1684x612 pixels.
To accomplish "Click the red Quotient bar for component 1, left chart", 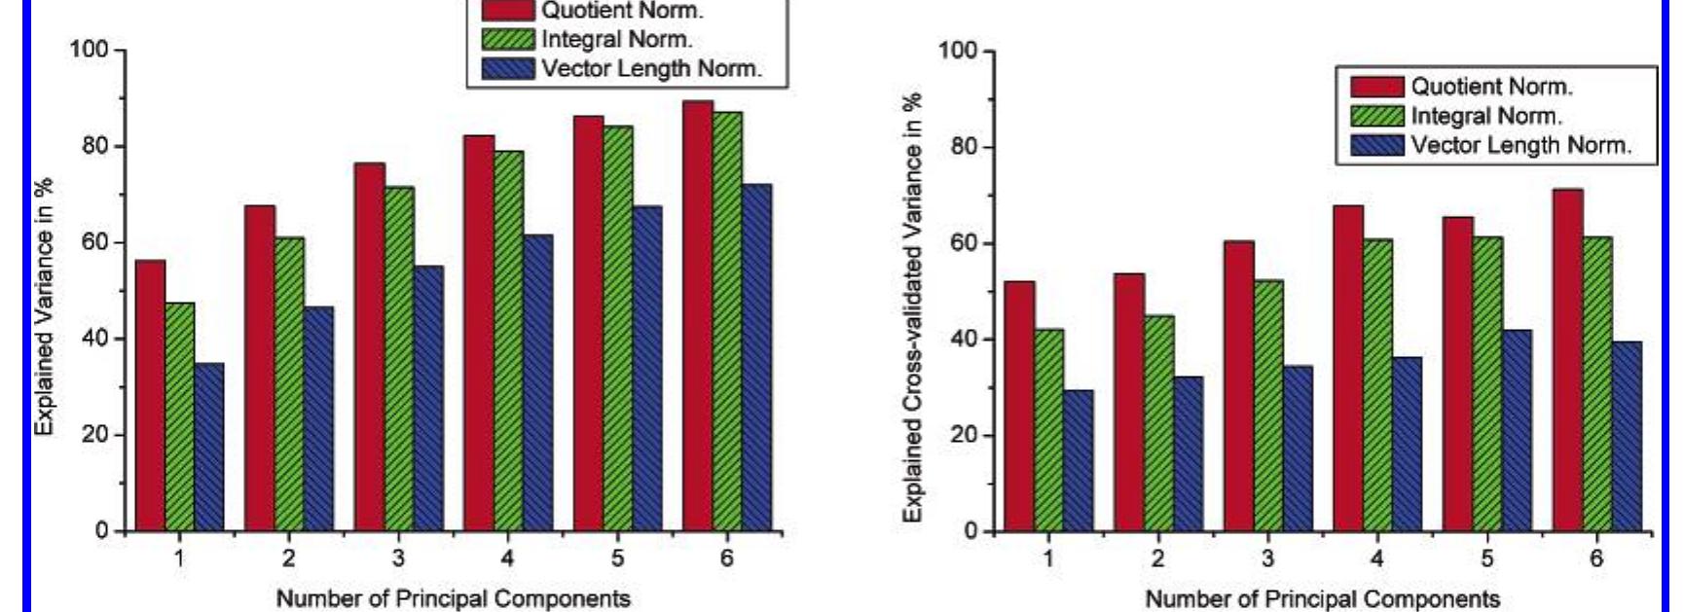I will (150, 395).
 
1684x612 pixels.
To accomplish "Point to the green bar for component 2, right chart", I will (1158, 423).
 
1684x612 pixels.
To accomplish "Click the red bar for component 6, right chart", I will (1567, 360).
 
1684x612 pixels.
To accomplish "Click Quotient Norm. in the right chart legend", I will (1491, 87).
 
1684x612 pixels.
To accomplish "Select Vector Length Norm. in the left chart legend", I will (651, 68).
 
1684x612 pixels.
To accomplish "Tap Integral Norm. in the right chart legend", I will (1486, 116).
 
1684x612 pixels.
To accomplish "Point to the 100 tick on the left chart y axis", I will (90, 49).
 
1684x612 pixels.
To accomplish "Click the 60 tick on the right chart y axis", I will (962, 243).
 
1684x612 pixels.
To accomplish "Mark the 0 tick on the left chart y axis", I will (102, 531).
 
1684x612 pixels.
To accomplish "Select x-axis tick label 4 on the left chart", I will (508, 558).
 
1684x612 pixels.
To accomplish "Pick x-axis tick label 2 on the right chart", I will (1157, 559).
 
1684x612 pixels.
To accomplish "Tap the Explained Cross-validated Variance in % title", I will (912, 306).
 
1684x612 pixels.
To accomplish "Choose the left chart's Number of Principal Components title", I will (453, 597).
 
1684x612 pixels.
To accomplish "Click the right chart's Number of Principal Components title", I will (1322, 598).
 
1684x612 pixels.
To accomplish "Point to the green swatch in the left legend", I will (508, 39).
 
